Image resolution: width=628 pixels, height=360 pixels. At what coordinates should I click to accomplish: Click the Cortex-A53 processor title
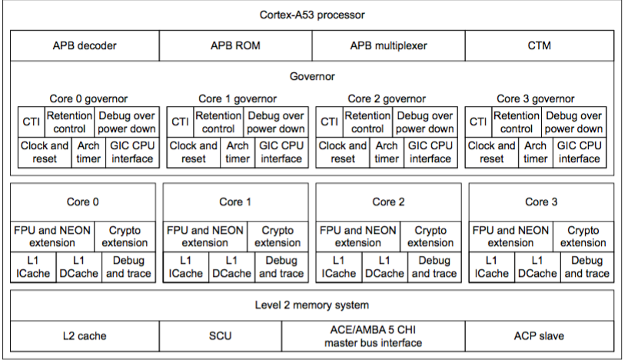click(x=311, y=15)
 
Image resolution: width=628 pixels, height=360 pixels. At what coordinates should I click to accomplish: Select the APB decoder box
click(x=85, y=45)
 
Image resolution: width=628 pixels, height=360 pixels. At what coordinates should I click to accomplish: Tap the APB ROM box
click(x=235, y=45)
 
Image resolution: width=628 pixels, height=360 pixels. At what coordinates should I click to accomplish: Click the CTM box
click(x=539, y=45)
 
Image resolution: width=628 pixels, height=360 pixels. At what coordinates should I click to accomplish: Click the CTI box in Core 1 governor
click(x=180, y=122)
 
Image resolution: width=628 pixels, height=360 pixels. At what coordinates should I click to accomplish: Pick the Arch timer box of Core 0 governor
click(x=88, y=152)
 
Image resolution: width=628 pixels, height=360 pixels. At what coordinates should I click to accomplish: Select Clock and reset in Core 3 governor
click(x=492, y=152)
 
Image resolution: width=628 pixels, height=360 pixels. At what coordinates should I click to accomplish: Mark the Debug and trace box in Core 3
click(x=587, y=266)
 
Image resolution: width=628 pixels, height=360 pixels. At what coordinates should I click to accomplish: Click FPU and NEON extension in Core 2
click(x=357, y=236)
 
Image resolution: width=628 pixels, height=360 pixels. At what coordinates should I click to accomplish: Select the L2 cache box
click(x=85, y=335)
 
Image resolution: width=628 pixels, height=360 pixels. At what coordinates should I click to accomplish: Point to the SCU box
click(x=221, y=335)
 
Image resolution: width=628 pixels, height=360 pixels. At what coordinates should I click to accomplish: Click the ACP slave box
click(x=539, y=335)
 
